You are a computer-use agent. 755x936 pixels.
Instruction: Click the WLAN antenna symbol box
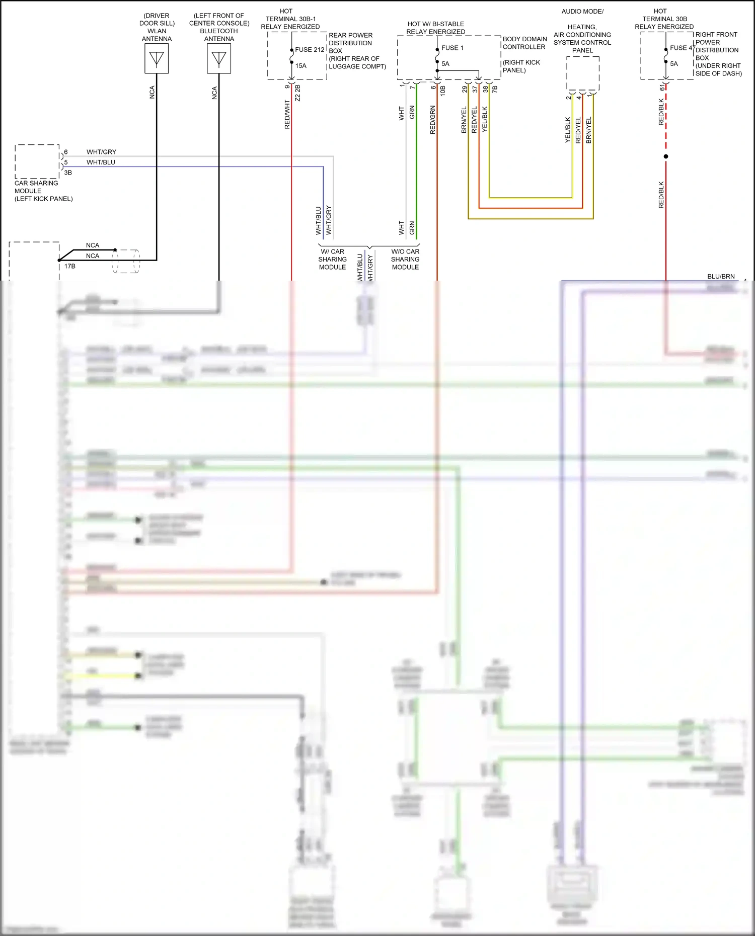pyautogui.click(x=157, y=59)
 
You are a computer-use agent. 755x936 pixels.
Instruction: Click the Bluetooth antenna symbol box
pyautogui.click(x=219, y=59)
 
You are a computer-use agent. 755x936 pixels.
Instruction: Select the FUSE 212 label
pyautogui.click(x=310, y=50)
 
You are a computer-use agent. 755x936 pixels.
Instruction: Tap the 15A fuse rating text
pyautogui.click(x=301, y=66)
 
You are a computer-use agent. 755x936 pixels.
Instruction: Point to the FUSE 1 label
pyautogui.click(x=452, y=48)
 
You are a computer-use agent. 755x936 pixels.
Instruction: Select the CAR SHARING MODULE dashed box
pyautogui.click(x=37, y=161)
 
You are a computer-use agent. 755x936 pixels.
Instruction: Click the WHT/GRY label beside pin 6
pyautogui.click(x=101, y=152)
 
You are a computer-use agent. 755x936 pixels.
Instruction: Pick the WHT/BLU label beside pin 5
pyautogui.click(x=101, y=162)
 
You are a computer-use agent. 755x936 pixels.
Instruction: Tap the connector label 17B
pyautogui.click(x=70, y=266)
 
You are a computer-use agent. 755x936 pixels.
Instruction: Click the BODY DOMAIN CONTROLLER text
pyautogui.click(x=524, y=43)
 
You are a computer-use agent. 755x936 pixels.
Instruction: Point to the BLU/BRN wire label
pyautogui.click(x=721, y=276)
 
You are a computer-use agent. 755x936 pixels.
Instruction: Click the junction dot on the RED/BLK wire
pyautogui.click(x=666, y=156)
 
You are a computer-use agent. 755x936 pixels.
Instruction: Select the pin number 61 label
pyautogui.click(x=662, y=88)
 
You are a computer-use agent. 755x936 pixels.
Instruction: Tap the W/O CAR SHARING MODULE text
pyautogui.click(x=405, y=259)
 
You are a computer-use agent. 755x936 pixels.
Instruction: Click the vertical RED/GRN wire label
pyautogui.click(x=433, y=120)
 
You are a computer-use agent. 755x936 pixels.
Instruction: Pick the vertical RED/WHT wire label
pyautogui.click(x=287, y=115)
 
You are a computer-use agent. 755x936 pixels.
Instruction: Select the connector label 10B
pyautogui.click(x=443, y=91)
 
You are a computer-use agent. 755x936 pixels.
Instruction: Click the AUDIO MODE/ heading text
pyautogui.click(x=582, y=12)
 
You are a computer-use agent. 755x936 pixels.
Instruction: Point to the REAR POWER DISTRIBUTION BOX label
pyautogui.click(x=350, y=43)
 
